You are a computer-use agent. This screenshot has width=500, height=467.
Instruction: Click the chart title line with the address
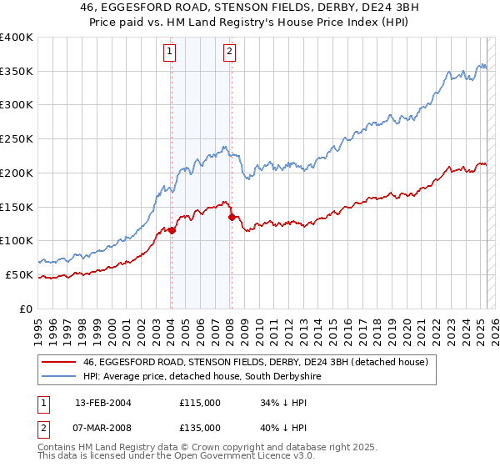click(x=249, y=8)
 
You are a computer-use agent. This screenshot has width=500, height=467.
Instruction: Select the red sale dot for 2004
click(x=172, y=230)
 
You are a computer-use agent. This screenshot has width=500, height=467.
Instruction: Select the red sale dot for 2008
click(x=231, y=217)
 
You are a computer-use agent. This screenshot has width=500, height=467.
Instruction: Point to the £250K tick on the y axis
click(x=16, y=138)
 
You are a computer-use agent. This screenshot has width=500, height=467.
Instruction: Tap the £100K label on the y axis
click(x=16, y=240)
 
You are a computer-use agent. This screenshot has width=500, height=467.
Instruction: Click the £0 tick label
click(x=25, y=309)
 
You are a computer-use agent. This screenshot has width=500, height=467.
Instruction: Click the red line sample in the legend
click(x=60, y=363)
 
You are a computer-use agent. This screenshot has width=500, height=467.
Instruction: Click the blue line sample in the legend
click(x=60, y=377)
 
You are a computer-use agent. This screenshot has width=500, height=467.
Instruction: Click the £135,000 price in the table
click(x=199, y=428)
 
